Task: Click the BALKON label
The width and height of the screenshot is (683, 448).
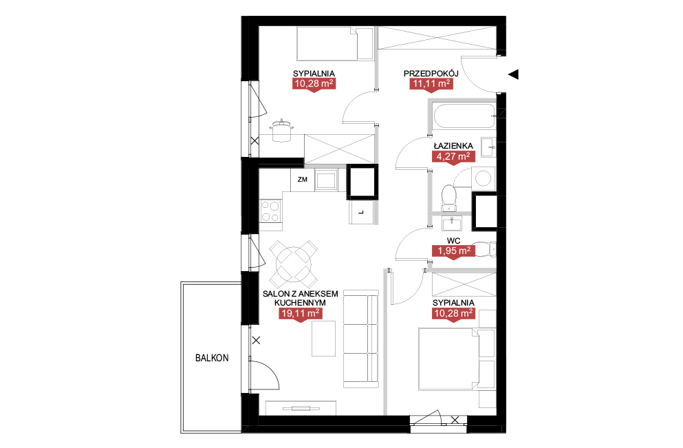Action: click(212, 358)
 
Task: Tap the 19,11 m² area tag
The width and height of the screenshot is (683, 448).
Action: click(300, 314)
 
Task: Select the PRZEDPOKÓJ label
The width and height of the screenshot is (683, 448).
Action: click(431, 73)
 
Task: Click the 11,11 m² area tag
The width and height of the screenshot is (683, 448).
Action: click(431, 84)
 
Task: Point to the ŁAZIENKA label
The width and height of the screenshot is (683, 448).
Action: click(453, 146)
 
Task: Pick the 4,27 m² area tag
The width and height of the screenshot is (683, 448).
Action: click(453, 156)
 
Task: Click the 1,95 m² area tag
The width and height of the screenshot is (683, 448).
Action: click(453, 251)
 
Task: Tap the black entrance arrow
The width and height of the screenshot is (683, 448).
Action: click(513, 74)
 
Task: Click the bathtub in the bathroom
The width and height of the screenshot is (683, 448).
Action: click(463, 116)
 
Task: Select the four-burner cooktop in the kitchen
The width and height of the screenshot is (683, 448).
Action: click(270, 211)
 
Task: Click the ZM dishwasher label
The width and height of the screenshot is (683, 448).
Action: click(303, 179)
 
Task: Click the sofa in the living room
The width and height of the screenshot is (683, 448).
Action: click(360, 339)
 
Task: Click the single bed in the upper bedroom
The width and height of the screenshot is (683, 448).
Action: click(334, 43)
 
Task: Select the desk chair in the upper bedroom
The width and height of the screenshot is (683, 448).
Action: click(281, 130)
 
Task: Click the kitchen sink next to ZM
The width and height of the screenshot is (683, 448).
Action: click(326, 180)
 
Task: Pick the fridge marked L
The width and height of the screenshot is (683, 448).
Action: click(361, 212)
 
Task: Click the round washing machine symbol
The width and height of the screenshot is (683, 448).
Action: click(483, 178)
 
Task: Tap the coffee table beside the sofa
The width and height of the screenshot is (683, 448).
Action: click(324, 338)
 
